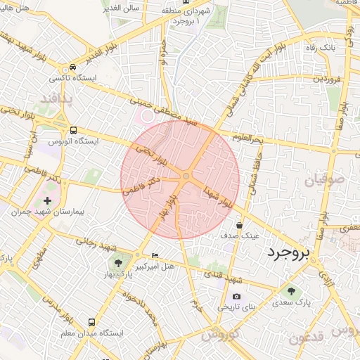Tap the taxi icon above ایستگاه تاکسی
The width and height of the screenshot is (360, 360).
point(72,67)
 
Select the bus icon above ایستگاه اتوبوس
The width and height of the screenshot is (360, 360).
point(74,130)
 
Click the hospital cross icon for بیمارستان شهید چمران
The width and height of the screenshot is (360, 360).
point(47,201)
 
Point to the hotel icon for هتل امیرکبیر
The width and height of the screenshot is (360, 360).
point(155,255)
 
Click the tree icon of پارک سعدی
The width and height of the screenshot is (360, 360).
point(290,290)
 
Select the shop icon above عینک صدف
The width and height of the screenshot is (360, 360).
point(240,225)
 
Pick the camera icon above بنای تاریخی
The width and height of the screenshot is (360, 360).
point(236,296)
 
